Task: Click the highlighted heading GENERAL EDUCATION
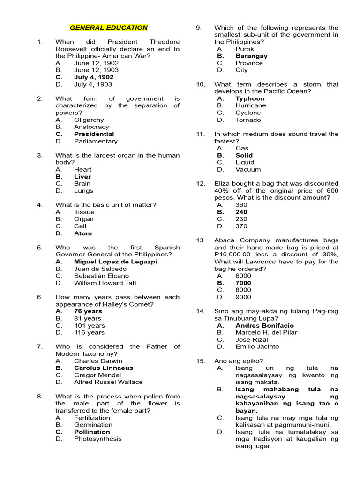click(x=108, y=28)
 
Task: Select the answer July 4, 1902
click(x=94, y=77)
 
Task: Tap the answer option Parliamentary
click(x=96, y=141)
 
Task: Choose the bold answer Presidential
click(x=94, y=134)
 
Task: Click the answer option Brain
click(x=82, y=184)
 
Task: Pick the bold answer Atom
click(x=83, y=233)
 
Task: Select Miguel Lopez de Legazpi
click(x=115, y=262)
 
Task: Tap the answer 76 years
click(x=88, y=311)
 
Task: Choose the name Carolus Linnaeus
click(x=103, y=368)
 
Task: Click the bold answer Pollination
click(x=92, y=432)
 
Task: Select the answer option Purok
click(x=245, y=49)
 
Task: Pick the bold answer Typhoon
click(x=250, y=98)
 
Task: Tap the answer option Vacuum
click(x=248, y=170)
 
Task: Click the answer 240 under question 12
click(x=241, y=212)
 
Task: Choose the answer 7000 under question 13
click(x=243, y=283)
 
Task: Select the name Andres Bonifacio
click(x=264, y=325)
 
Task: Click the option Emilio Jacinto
click(x=257, y=347)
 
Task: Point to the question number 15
click(x=201, y=361)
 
